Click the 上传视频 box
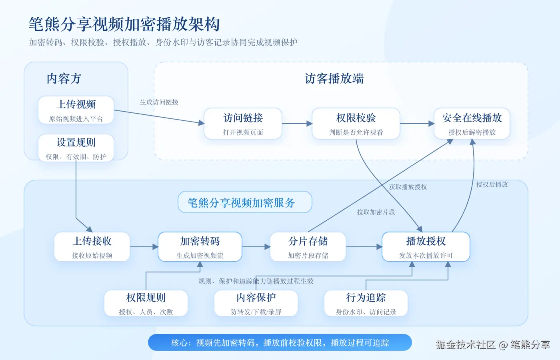76,110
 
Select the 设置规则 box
76,148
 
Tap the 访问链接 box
243,124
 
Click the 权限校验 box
356,124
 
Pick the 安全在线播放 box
472,124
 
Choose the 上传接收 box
92,247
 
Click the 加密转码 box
200,247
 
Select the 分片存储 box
308,247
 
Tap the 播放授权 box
426,247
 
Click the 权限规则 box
146,303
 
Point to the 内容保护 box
256,303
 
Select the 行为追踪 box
366,303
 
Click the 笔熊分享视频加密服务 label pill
245,202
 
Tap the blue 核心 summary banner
280,342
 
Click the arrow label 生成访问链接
159,102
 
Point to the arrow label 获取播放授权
408,187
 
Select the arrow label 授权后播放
492,184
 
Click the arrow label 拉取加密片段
376,212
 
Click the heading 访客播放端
334,78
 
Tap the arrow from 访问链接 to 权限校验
297,124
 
